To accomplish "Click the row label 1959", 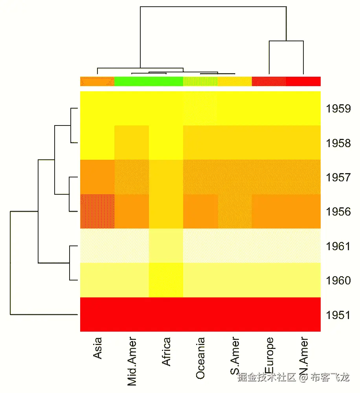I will [x=338, y=109].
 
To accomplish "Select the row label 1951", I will [x=338, y=315].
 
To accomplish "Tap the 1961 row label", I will [x=338, y=246].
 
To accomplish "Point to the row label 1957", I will [x=338, y=177].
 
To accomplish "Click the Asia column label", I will [x=97, y=348].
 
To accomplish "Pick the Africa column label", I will [x=166, y=351].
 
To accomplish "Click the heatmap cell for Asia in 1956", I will [x=97, y=211].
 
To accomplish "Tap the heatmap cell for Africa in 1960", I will [x=166, y=280].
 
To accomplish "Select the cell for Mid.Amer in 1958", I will [x=132, y=142].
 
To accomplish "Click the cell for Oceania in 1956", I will [x=200, y=211].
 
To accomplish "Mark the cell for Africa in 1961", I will [x=166, y=246].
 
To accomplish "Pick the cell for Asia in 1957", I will [x=97, y=177].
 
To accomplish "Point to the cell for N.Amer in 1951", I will [x=303, y=315].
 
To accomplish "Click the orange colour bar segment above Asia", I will [x=97, y=81].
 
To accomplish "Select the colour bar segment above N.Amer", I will [x=303, y=81].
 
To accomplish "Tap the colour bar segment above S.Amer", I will [x=235, y=81].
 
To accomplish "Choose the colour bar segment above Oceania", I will [x=200, y=81].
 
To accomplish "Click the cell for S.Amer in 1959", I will [x=235, y=108].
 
